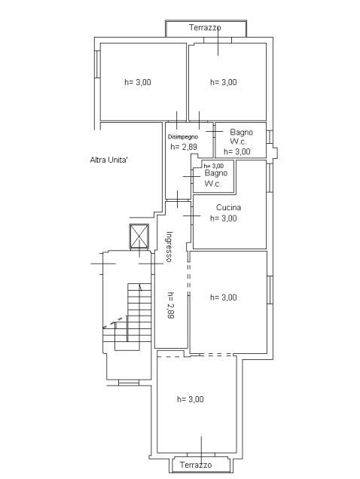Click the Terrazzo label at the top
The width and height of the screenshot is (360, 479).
point(205,28)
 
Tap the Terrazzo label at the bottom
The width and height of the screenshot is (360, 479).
point(196,465)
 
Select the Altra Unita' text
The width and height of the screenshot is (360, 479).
point(108,160)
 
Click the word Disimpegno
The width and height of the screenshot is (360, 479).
point(183,137)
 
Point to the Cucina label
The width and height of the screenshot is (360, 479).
point(229,207)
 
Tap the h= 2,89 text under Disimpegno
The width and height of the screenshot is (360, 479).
point(184,147)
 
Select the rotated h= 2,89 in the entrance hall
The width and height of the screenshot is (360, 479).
point(170,306)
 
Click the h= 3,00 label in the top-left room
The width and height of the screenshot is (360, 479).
point(138,82)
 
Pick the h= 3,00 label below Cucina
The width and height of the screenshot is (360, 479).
point(224,218)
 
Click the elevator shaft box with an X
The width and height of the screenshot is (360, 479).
point(139,236)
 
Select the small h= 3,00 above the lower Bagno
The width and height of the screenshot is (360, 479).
point(214,166)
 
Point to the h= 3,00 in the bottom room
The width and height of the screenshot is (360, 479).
point(191,399)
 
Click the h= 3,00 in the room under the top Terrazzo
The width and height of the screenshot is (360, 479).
point(224,82)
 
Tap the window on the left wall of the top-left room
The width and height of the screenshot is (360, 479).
point(97,64)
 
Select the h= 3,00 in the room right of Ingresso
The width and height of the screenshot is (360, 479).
point(224,297)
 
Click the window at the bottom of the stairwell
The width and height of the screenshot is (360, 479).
point(129,382)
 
